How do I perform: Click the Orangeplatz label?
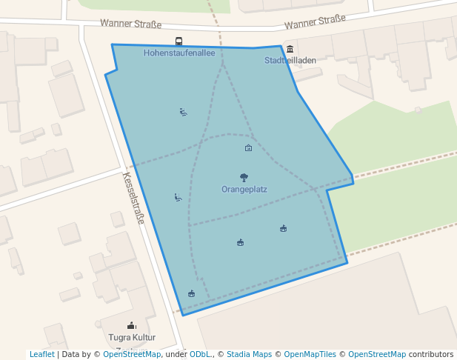coord(244,189)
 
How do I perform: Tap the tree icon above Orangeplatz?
coord(244,177)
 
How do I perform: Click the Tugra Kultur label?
coord(132,337)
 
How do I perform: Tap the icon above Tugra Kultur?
coord(132,325)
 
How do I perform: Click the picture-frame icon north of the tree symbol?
coord(248,148)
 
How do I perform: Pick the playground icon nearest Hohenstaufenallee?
coord(183,113)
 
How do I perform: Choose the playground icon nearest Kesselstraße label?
coord(178,197)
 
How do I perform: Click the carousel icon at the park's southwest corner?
coord(192,293)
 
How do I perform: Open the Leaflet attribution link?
coord(41,354)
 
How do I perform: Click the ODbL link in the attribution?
coord(201,354)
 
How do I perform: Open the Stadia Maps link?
coord(249,354)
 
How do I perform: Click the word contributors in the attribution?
coord(431,354)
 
